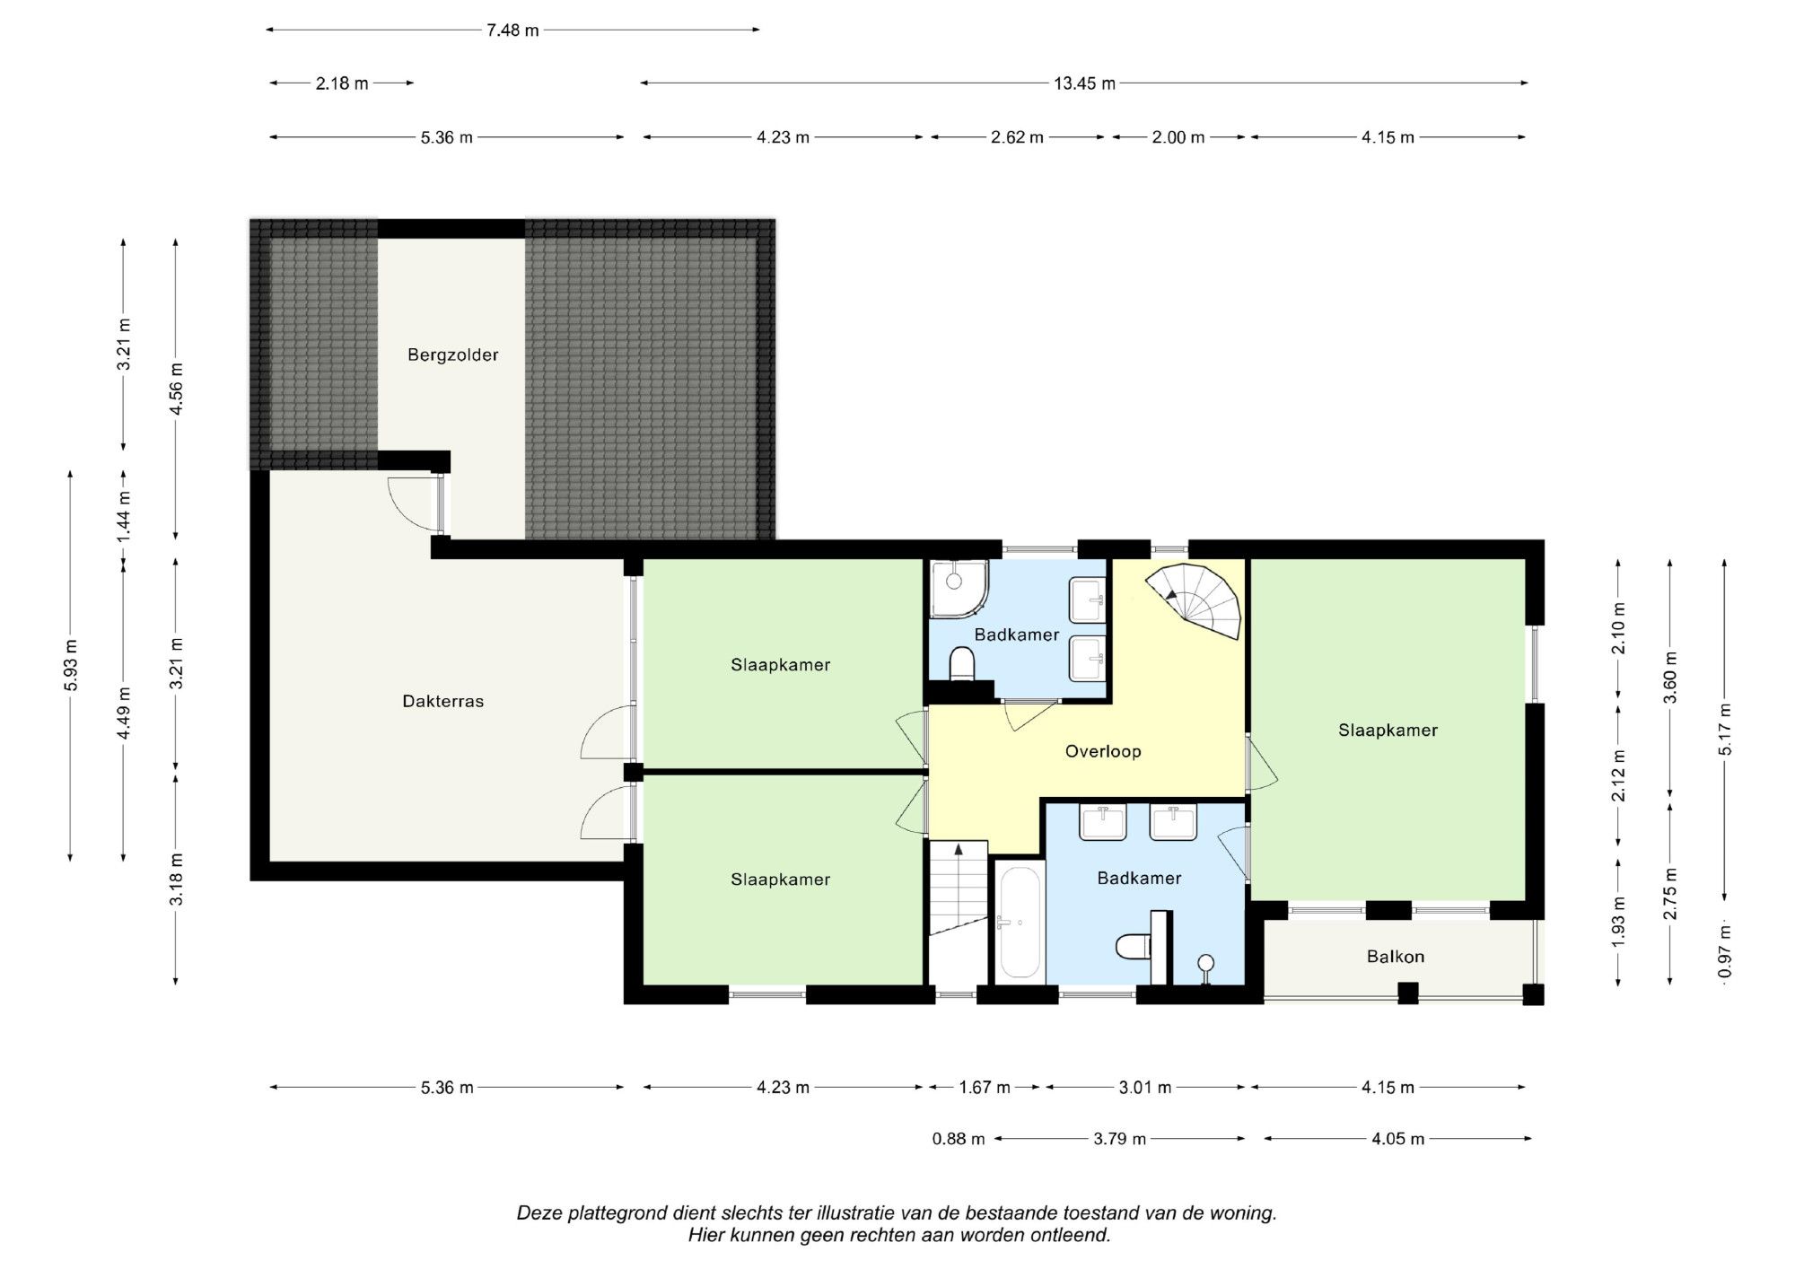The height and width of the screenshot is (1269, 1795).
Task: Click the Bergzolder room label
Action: (452, 354)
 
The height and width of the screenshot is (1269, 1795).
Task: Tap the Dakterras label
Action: (442, 701)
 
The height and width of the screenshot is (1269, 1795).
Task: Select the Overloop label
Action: (1103, 751)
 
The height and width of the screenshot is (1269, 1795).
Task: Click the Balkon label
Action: (1396, 957)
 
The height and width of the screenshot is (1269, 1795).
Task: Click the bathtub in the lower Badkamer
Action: (1020, 922)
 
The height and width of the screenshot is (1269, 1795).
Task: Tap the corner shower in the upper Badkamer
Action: (959, 589)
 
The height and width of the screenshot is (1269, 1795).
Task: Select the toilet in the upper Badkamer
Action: (962, 665)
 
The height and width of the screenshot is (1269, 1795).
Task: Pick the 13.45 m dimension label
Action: (1084, 83)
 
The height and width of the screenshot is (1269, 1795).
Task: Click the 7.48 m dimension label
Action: (512, 31)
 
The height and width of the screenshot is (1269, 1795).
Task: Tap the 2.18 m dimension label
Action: (342, 83)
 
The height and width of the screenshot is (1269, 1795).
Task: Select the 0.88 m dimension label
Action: (959, 1139)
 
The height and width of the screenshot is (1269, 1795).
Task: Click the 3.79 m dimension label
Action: (1119, 1139)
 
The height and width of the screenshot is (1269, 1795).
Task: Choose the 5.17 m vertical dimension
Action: (1724, 730)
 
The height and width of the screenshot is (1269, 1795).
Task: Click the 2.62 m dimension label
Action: (1017, 137)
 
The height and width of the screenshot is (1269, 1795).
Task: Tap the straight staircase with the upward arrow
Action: (958, 887)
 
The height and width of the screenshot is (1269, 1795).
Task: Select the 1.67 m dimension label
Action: (985, 1088)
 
